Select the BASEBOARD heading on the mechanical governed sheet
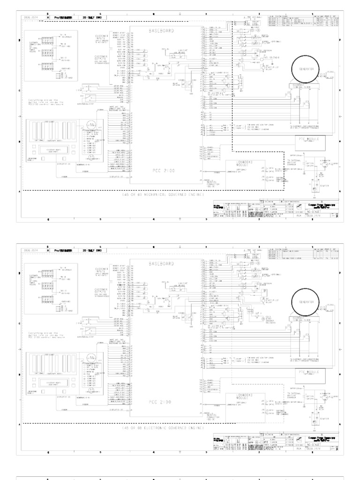(161, 30)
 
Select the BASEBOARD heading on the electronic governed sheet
(161, 264)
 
